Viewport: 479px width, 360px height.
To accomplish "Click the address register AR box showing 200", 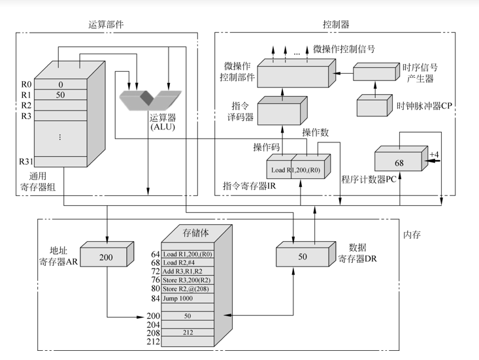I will pos(106,257).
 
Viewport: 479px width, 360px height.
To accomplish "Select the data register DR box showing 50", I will pos(302,257).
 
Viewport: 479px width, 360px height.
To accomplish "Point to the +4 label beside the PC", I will pos(434,154).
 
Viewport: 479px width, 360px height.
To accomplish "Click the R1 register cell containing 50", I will pos(61,95).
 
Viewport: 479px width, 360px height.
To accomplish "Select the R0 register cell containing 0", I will pos(61,84).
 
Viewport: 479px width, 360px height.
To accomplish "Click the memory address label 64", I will pos(155,254).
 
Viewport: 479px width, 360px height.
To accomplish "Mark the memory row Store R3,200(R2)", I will pos(186,279).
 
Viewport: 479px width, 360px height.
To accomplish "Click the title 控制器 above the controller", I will pos(336,24).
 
